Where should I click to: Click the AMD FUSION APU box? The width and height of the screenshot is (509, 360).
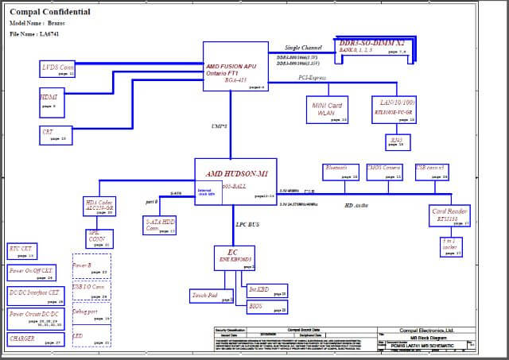[235, 66]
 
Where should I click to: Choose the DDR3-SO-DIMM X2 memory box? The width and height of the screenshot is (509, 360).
[373, 47]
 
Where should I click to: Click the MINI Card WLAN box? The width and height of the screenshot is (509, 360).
[326, 110]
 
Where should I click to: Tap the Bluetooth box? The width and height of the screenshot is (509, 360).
[341, 172]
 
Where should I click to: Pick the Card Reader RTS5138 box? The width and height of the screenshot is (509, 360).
[450, 215]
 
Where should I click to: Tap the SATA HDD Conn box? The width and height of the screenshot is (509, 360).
[160, 226]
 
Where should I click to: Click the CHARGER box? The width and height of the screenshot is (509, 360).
[34, 340]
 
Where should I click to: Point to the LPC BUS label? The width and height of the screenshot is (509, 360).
[248, 225]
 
